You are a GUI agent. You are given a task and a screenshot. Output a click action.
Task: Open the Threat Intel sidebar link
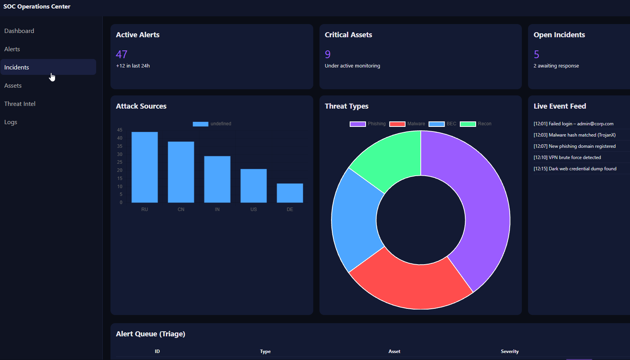(20, 104)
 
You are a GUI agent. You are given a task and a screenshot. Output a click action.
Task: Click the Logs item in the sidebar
(11, 122)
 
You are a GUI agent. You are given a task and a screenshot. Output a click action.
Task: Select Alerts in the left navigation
(12, 49)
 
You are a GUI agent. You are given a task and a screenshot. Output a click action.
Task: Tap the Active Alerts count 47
(122, 54)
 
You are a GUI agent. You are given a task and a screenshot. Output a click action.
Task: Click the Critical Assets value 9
(328, 54)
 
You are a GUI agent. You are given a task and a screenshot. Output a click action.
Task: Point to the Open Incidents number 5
(537, 54)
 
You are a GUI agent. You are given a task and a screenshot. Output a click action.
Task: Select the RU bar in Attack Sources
(145, 167)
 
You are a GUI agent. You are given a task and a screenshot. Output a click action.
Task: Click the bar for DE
(290, 193)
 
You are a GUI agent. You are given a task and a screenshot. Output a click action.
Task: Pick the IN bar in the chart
(217, 179)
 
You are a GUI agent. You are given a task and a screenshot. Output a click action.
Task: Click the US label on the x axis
(254, 209)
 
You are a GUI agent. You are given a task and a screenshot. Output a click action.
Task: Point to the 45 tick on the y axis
(120, 130)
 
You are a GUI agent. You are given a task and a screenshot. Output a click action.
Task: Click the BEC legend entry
(442, 124)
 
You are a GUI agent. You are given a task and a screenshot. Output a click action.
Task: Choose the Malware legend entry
(407, 124)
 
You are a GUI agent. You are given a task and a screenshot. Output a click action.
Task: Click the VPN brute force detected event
(567, 157)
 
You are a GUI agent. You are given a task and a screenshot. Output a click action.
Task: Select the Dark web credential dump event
(575, 169)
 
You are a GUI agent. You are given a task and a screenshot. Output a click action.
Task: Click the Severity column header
(509, 351)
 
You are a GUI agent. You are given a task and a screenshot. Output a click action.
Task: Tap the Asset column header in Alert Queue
(394, 351)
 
